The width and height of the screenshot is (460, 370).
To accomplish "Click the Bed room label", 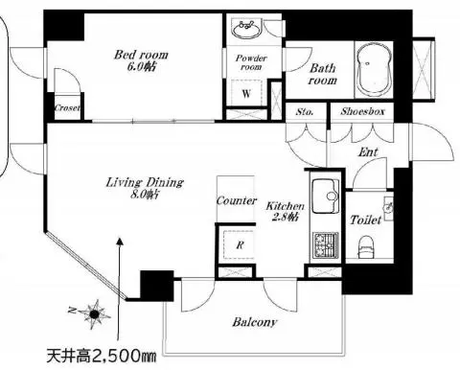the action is click(x=141, y=55).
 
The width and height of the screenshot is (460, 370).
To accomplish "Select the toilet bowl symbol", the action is click(x=366, y=247).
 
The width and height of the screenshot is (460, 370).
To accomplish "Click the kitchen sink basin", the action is click(x=326, y=196).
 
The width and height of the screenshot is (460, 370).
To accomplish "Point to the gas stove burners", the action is click(x=326, y=245).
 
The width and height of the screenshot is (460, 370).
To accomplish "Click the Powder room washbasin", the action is click(x=247, y=29).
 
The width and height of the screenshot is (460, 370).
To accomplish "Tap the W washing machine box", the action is click(x=246, y=93).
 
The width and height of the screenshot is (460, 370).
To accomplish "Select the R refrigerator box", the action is click(x=240, y=244).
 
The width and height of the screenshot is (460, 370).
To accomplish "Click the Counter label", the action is click(x=237, y=200).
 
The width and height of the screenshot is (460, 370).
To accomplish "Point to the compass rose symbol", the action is click(x=94, y=314).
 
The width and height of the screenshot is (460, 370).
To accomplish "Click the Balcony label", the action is click(x=255, y=322).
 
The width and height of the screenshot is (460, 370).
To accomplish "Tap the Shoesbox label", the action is click(x=362, y=111).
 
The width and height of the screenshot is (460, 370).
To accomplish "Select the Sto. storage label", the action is click(x=305, y=112).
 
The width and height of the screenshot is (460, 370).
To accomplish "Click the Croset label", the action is click(x=67, y=107).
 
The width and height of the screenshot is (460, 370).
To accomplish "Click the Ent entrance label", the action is click(x=368, y=152).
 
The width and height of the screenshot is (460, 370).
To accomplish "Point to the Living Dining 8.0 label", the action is click(x=145, y=188).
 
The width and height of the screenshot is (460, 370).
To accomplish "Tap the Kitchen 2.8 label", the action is click(x=286, y=211).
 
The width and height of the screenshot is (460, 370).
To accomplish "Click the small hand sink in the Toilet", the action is click(x=388, y=207).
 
